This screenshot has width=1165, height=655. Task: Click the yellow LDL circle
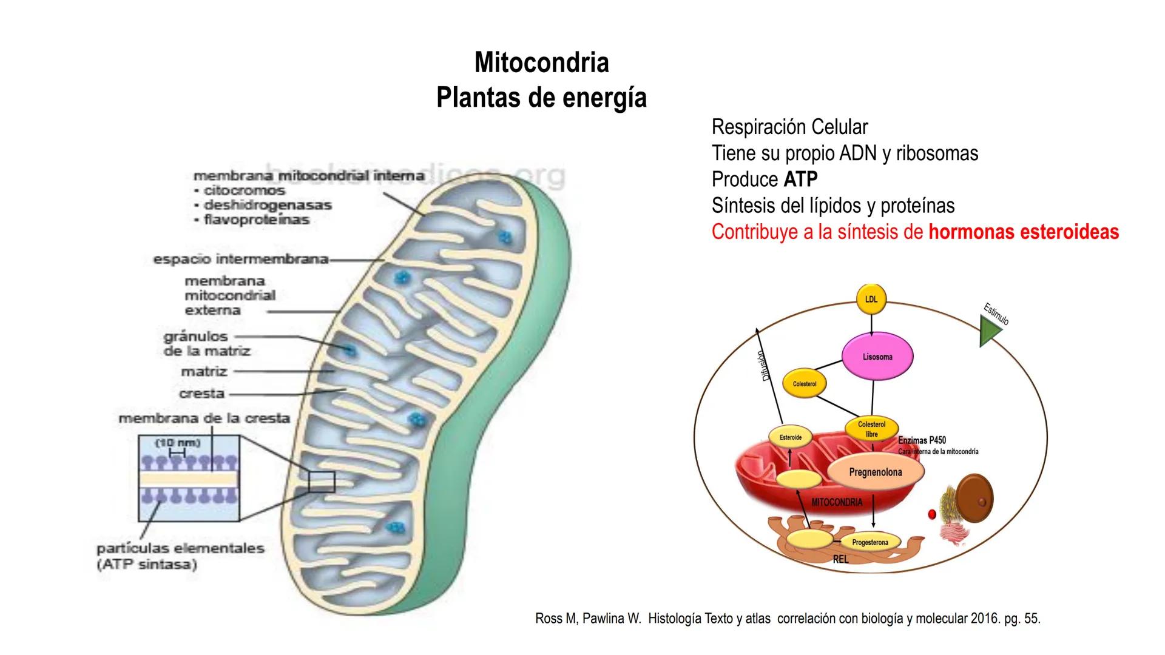(871, 299)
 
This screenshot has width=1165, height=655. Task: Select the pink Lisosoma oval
(877, 357)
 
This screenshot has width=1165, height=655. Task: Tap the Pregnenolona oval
(876, 472)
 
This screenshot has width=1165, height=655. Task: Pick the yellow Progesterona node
(870, 542)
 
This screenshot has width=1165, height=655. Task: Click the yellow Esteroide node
(791, 437)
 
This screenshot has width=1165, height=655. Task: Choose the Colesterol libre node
(871, 429)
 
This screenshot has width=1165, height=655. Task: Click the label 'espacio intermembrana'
(241, 260)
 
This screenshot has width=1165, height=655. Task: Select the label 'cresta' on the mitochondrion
(202, 394)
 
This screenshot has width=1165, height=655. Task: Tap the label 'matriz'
(204, 371)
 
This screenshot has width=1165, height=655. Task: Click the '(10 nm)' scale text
(178, 443)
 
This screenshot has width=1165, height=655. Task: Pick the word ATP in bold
(800, 180)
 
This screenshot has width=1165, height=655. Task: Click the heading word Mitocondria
(541, 62)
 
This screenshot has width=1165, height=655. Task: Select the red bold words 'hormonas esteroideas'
(1024, 232)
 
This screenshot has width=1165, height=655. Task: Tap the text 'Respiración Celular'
(789, 127)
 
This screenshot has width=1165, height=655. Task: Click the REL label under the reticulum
(840, 559)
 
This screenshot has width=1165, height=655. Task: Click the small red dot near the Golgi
(932, 514)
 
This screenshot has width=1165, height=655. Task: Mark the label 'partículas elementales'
(181, 548)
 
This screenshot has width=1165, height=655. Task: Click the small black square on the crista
(321, 482)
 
